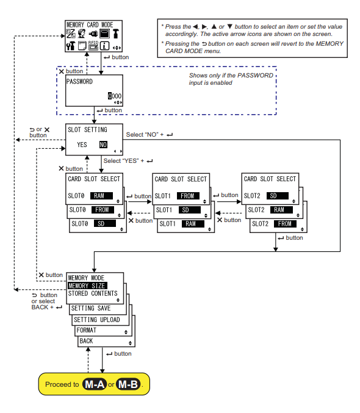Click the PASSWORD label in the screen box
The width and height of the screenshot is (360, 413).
[x=80, y=82]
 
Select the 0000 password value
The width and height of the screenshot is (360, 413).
[x=115, y=96]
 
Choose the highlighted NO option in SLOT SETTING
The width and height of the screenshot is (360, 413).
[x=104, y=145]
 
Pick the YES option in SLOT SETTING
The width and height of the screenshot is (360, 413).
[x=82, y=145]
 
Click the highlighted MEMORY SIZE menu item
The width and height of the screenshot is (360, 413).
[x=87, y=286]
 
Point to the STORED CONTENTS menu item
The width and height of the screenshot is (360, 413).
[x=93, y=293]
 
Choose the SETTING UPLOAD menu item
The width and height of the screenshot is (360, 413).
[x=97, y=320]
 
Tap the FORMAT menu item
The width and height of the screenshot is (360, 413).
[x=87, y=331]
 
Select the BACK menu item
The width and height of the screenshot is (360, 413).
[x=87, y=341]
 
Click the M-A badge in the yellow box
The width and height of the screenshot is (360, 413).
[x=94, y=385]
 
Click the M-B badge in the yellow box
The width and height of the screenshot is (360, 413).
[x=129, y=385]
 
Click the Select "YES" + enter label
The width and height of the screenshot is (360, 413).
[x=128, y=160]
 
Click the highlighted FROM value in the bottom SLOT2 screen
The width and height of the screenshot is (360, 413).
[x=285, y=224]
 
